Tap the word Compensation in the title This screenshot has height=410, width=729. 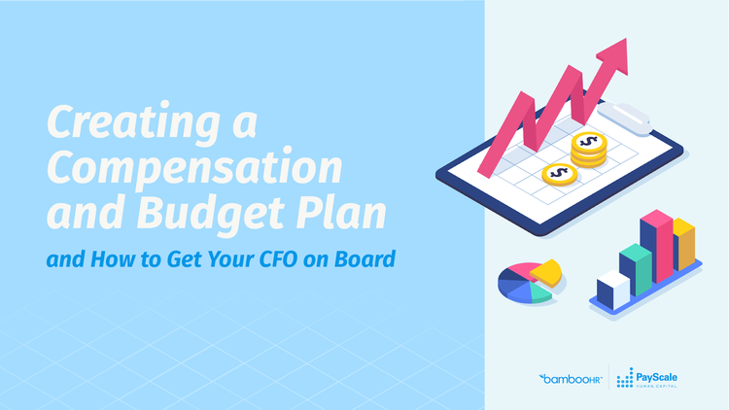[x=194, y=168]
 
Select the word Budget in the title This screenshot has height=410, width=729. [x=210, y=215]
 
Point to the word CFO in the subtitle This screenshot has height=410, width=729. [x=278, y=259]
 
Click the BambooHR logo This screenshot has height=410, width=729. [x=571, y=379]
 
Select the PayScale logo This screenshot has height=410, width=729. [x=646, y=378]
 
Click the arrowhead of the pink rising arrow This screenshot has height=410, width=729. [x=615, y=55]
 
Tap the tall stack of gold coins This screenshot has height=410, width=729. [x=589, y=150]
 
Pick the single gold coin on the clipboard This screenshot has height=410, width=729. [x=560, y=175]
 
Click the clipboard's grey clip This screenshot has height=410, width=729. [x=624, y=119]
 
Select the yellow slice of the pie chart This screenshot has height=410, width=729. [x=546, y=272]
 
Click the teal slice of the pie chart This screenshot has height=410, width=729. [x=539, y=293]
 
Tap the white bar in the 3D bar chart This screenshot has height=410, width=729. [x=613, y=290]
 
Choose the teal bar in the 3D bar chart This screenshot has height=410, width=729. [x=636, y=269]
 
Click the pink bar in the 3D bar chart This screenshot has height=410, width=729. [x=656, y=246]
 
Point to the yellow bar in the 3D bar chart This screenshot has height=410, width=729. [x=684, y=244]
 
